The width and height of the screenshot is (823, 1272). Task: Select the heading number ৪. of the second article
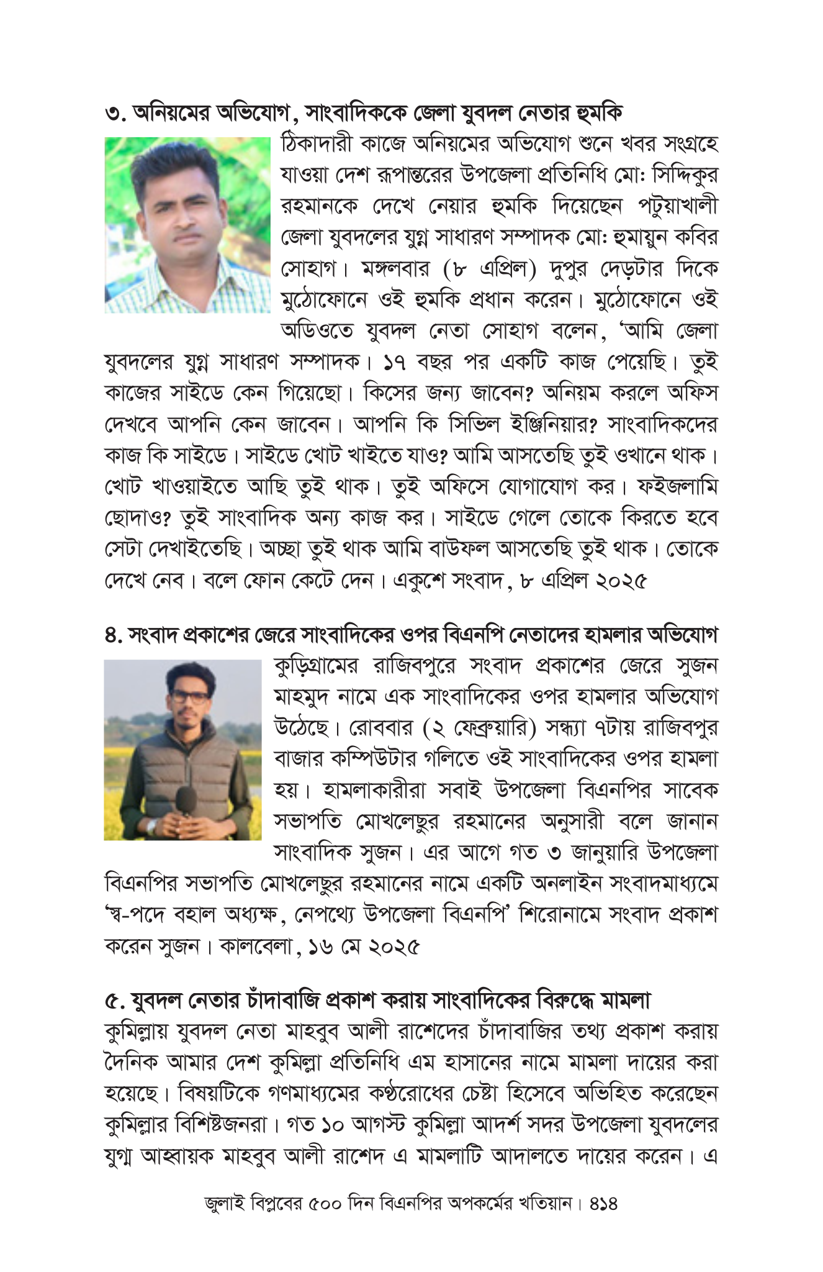pyautogui.click(x=114, y=635)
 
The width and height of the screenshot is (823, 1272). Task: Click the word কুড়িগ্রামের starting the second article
pyautogui.click(x=316, y=666)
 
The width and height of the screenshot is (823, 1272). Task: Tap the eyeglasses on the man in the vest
pyautogui.click(x=190, y=697)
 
